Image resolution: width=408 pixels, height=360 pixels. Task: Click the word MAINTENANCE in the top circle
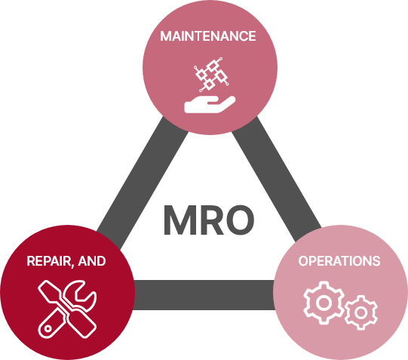click(208, 36)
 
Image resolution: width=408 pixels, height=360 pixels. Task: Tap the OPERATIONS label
click(339, 261)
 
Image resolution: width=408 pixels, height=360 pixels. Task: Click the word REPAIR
click(48, 261)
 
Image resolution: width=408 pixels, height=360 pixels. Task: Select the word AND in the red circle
click(92, 261)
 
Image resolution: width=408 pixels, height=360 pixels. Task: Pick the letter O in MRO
click(240, 220)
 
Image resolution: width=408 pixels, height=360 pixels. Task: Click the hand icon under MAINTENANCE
click(210, 104)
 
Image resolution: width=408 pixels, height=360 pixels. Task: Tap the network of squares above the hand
click(211, 75)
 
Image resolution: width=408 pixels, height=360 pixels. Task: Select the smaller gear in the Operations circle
click(361, 312)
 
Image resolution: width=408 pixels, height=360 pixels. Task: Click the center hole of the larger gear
click(324, 303)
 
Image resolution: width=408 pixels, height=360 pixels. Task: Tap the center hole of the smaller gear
click(361, 312)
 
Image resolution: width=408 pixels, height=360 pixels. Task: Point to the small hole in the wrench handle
click(48, 328)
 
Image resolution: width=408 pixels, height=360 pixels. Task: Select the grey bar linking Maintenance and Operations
click(276, 180)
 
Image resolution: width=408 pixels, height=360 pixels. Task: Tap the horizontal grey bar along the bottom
click(204, 295)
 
